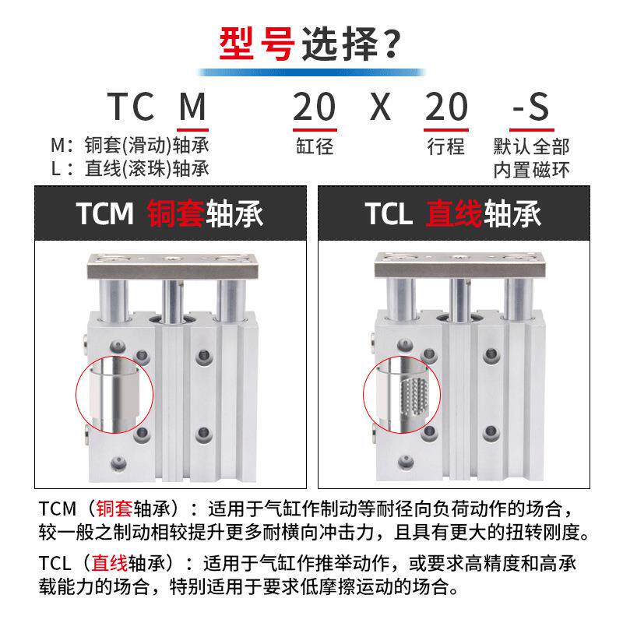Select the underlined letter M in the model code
coord(193,106)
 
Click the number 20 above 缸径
coord(314,106)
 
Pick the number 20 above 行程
coord(446,106)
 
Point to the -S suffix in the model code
coord(530,106)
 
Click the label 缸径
coord(314,146)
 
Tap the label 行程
coord(446,146)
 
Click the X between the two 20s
coord(381,106)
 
